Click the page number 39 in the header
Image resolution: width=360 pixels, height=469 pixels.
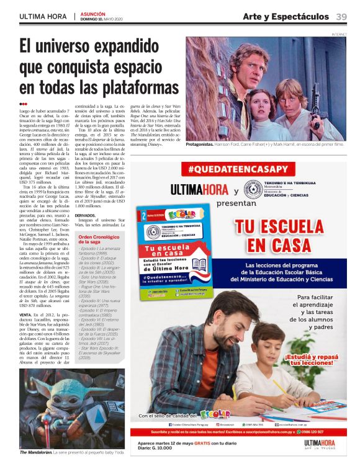342,17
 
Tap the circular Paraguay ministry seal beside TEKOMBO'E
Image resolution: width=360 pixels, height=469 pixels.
251,189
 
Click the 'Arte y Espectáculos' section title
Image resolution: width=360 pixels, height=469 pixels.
285,17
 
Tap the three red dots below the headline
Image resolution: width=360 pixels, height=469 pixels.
23,104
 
